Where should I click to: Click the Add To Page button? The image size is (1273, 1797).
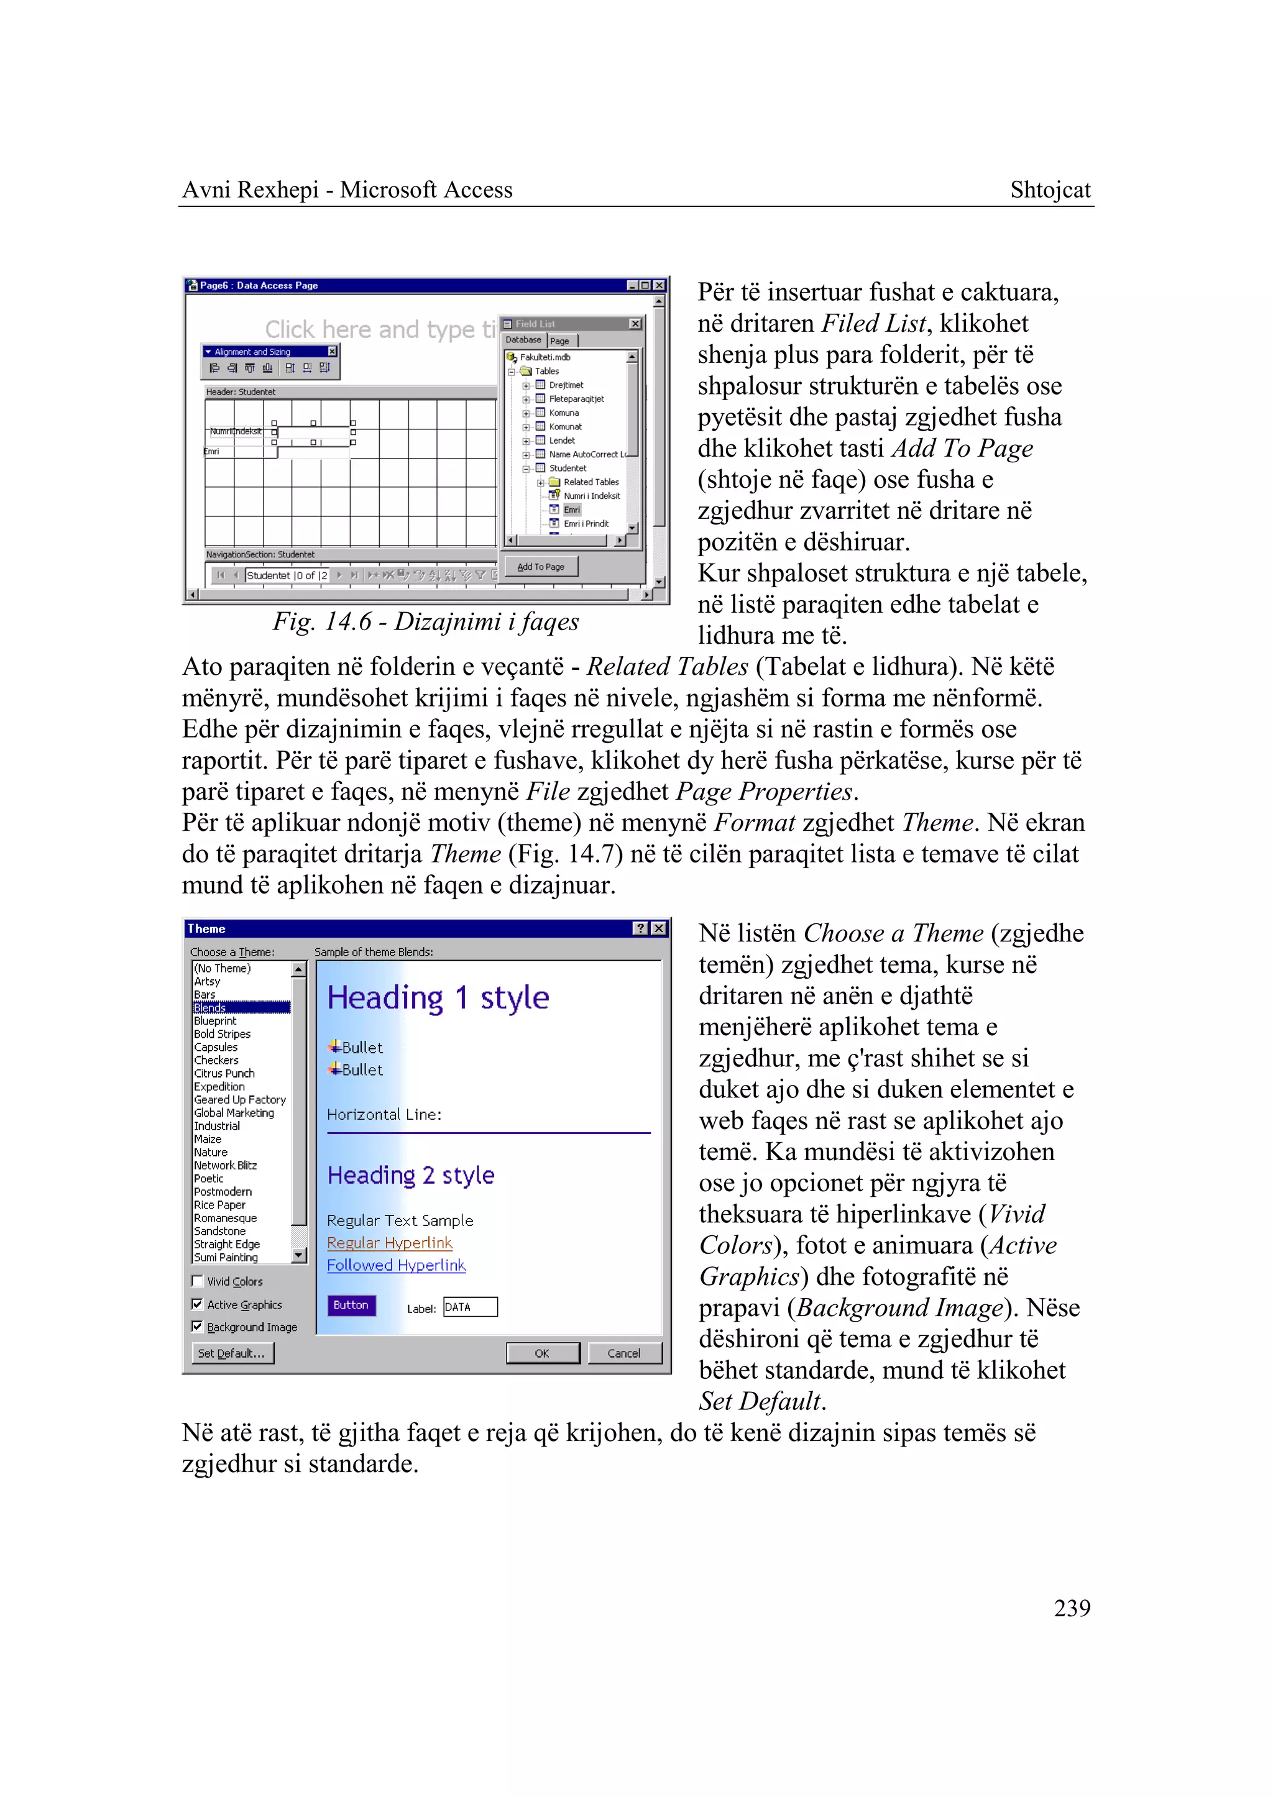[x=541, y=567]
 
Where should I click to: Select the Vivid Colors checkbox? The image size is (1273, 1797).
[x=198, y=1281]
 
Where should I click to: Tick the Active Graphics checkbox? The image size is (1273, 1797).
[x=198, y=1304]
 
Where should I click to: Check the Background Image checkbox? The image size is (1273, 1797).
[x=198, y=1327]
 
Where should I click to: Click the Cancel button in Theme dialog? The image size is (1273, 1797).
[x=624, y=1353]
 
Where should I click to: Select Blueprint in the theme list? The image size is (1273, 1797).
[x=216, y=1021]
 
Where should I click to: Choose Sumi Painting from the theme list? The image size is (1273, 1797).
[x=226, y=1258]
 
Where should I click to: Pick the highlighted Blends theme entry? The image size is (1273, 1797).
[x=210, y=1008]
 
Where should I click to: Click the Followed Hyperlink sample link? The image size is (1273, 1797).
[x=396, y=1265]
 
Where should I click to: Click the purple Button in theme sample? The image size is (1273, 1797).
[x=351, y=1305]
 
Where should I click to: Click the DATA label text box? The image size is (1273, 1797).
[x=469, y=1307]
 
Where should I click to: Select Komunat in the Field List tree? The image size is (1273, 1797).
[x=565, y=427]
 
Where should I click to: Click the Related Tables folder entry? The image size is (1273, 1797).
[x=591, y=482]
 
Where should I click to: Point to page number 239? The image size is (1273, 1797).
[x=1072, y=1608]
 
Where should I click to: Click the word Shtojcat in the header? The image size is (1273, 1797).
[x=1050, y=190]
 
